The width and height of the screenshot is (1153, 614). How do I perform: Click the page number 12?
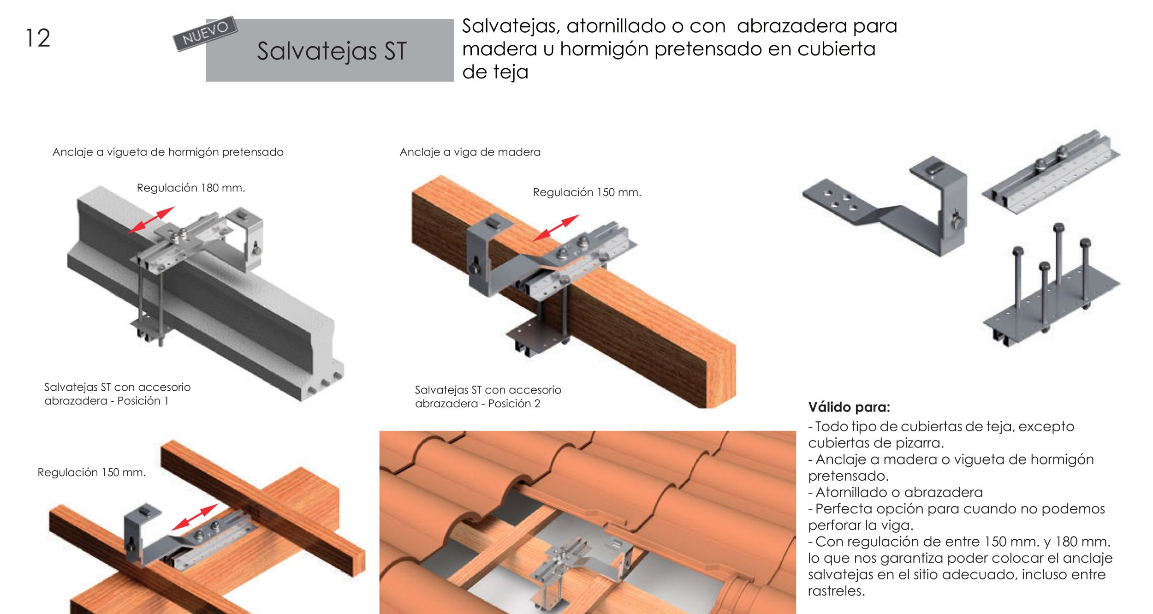coord(38,38)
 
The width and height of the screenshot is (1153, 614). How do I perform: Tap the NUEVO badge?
coord(205,33)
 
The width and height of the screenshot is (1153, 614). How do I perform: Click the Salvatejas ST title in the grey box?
coord(332,51)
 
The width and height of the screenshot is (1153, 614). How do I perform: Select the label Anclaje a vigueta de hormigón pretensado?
coord(168,152)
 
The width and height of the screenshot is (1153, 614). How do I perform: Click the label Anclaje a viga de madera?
coord(470,152)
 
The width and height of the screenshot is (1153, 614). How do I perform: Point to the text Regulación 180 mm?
coord(190,188)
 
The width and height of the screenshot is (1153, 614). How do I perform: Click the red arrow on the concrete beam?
coord(151,220)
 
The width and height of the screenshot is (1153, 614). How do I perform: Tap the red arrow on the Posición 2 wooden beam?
coord(556,227)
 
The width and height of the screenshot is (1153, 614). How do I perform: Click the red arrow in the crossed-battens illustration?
coord(195,517)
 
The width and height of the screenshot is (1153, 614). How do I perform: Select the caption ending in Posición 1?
coord(117,394)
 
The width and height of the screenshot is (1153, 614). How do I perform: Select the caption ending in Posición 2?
coord(487,397)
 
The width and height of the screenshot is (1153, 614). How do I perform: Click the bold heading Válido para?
coord(849,407)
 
